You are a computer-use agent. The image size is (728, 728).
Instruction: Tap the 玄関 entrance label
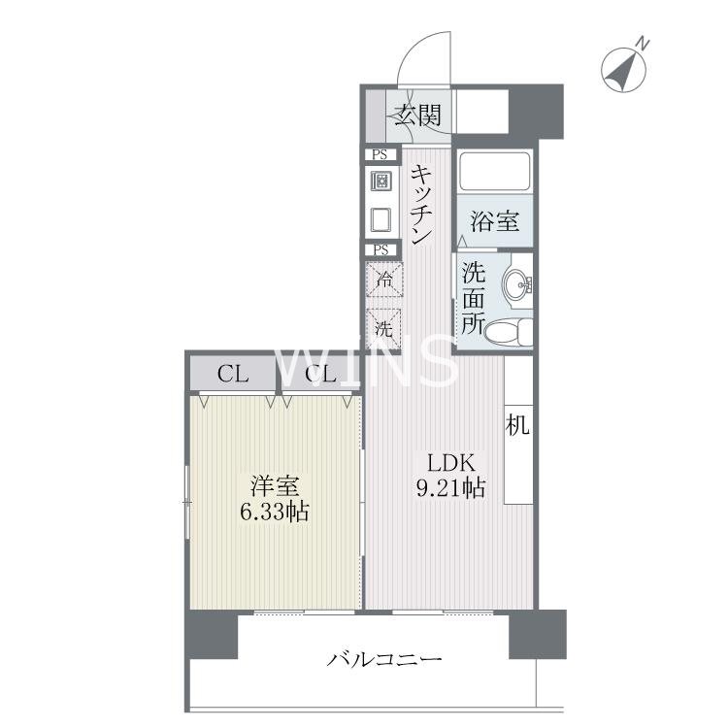pyautogui.click(x=418, y=116)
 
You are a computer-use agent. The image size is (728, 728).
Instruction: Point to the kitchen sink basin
pyautogui.click(x=381, y=219)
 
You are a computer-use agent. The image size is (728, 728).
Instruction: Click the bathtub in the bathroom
pyautogui.click(x=494, y=172)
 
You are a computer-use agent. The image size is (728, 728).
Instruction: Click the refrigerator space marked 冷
pyautogui.click(x=384, y=281)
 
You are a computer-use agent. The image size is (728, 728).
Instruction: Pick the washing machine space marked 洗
pyautogui.click(x=384, y=327)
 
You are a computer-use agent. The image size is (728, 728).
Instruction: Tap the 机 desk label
pyautogui.click(x=517, y=424)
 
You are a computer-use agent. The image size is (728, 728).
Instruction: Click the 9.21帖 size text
pyautogui.click(x=445, y=488)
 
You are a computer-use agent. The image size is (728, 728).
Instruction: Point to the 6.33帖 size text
pyautogui.click(x=274, y=511)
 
